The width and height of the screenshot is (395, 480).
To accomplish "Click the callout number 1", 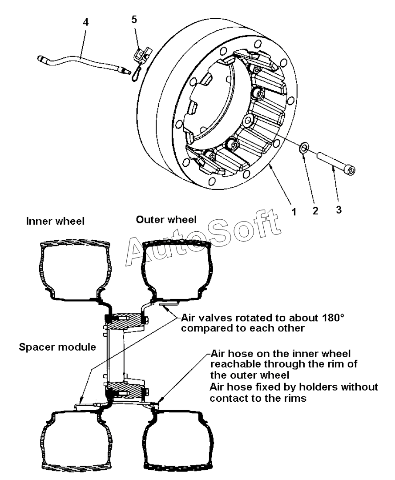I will [x=293, y=212].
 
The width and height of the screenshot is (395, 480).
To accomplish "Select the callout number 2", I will [x=315, y=212].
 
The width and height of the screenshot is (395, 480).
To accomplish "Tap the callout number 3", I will [x=339, y=210].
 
